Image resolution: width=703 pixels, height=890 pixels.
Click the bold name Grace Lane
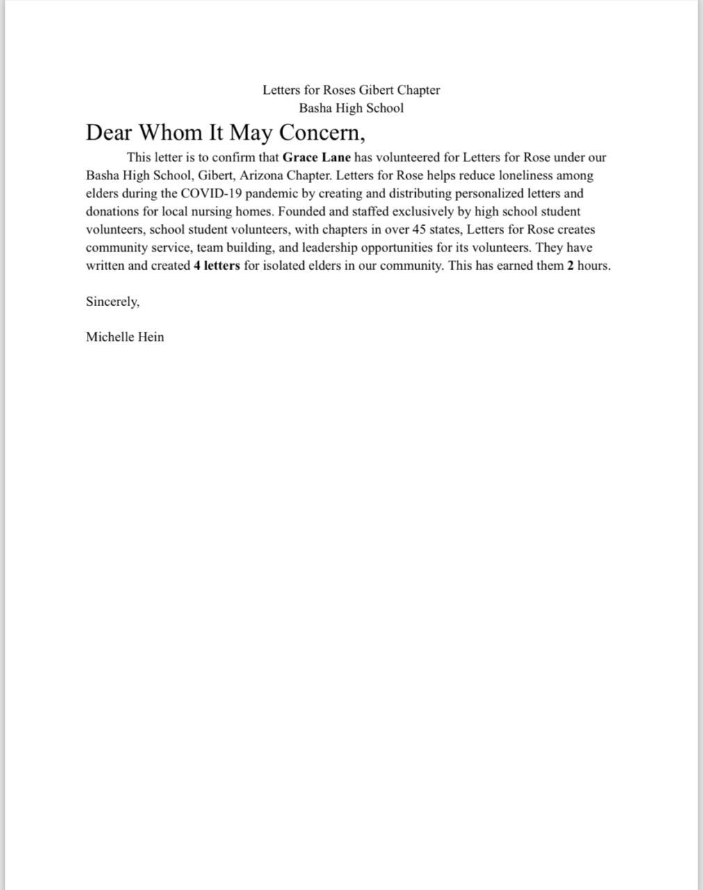click(x=316, y=158)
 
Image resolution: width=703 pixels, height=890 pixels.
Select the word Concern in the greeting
click(x=319, y=132)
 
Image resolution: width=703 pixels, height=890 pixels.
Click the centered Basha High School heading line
click(x=351, y=108)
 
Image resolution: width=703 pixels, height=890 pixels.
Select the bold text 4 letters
click(x=217, y=266)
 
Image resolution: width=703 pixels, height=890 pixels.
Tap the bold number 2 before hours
click(x=570, y=266)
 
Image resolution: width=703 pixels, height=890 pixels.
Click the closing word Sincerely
click(x=113, y=302)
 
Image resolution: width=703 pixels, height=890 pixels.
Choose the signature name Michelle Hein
click(x=125, y=337)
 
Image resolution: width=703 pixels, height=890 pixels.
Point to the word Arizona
click(x=261, y=176)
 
